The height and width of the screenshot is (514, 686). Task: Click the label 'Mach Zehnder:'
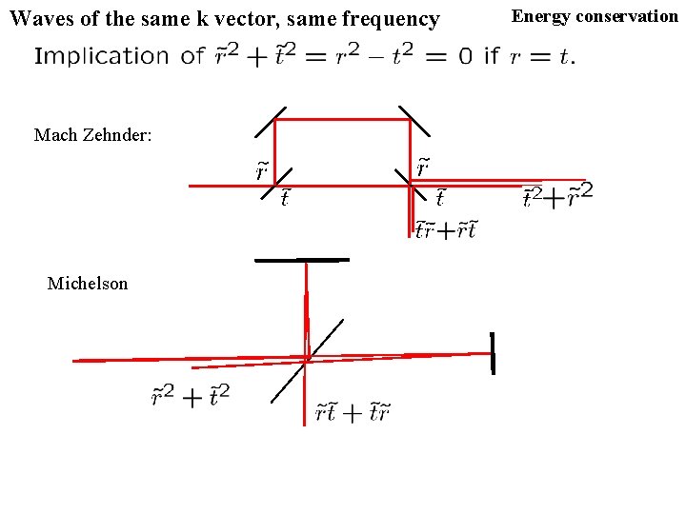(x=92, y=135)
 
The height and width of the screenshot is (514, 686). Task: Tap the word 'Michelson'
(x=88, y=284)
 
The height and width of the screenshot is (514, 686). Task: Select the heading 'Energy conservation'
(x=595, y=16)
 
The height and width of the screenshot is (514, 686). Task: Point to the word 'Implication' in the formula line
(x=100, y=56)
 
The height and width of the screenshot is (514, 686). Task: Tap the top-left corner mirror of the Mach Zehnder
(x=271, y=122)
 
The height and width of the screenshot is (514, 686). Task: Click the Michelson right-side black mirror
(x=492, y=354)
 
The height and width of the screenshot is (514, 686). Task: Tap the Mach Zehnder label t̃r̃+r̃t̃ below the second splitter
(x=446, y=229)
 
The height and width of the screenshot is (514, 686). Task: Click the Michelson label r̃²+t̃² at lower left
(x=191, y=396)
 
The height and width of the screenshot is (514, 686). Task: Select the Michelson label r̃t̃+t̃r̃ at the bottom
(x=352, y=411)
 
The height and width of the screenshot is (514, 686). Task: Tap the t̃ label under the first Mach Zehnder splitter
(x=284, y=198)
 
